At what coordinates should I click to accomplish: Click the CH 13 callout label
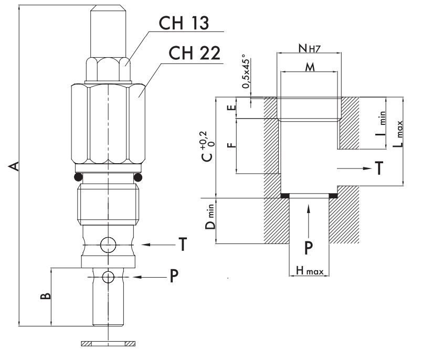click(184, 23)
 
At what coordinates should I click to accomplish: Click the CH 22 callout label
click(195, 52)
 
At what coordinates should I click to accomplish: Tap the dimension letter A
click(14, 166)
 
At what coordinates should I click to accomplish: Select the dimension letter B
click(45, 296)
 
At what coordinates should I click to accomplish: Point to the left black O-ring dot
click(78, 177)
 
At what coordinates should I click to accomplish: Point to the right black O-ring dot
click(138, 177)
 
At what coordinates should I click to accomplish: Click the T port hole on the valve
click(108, 245)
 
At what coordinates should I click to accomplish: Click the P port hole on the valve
click(108, 277)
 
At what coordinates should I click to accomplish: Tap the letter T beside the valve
click(183, 244)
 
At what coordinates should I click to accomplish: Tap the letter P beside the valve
click(174, 276)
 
